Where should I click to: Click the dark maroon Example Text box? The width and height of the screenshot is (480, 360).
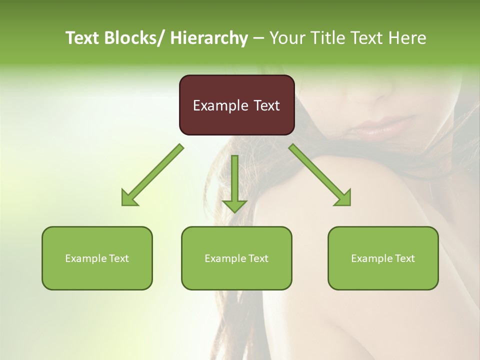pyautogui.click(x=236, y=105)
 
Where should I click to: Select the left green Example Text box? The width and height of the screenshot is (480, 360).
pyautogui.click(x=97, y=258)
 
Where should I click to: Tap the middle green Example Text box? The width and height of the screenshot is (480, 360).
pyautogui.click(x=236, y=258)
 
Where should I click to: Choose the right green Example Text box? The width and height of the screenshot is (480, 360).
pyautogui.click(x=383, y=258)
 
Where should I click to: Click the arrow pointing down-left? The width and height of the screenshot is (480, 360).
pyautogui.click(x=152, y=175)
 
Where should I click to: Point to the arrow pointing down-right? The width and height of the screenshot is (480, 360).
pyautogui.click(x=320, y=175)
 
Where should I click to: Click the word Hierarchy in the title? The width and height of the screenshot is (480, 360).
pyautogui.click(x=208, y=38)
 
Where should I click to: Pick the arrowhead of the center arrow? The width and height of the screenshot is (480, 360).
pyautogui.click(x=234, y=206)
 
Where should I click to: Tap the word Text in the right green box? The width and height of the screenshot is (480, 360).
pyautogui.click(x=404, y=258)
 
